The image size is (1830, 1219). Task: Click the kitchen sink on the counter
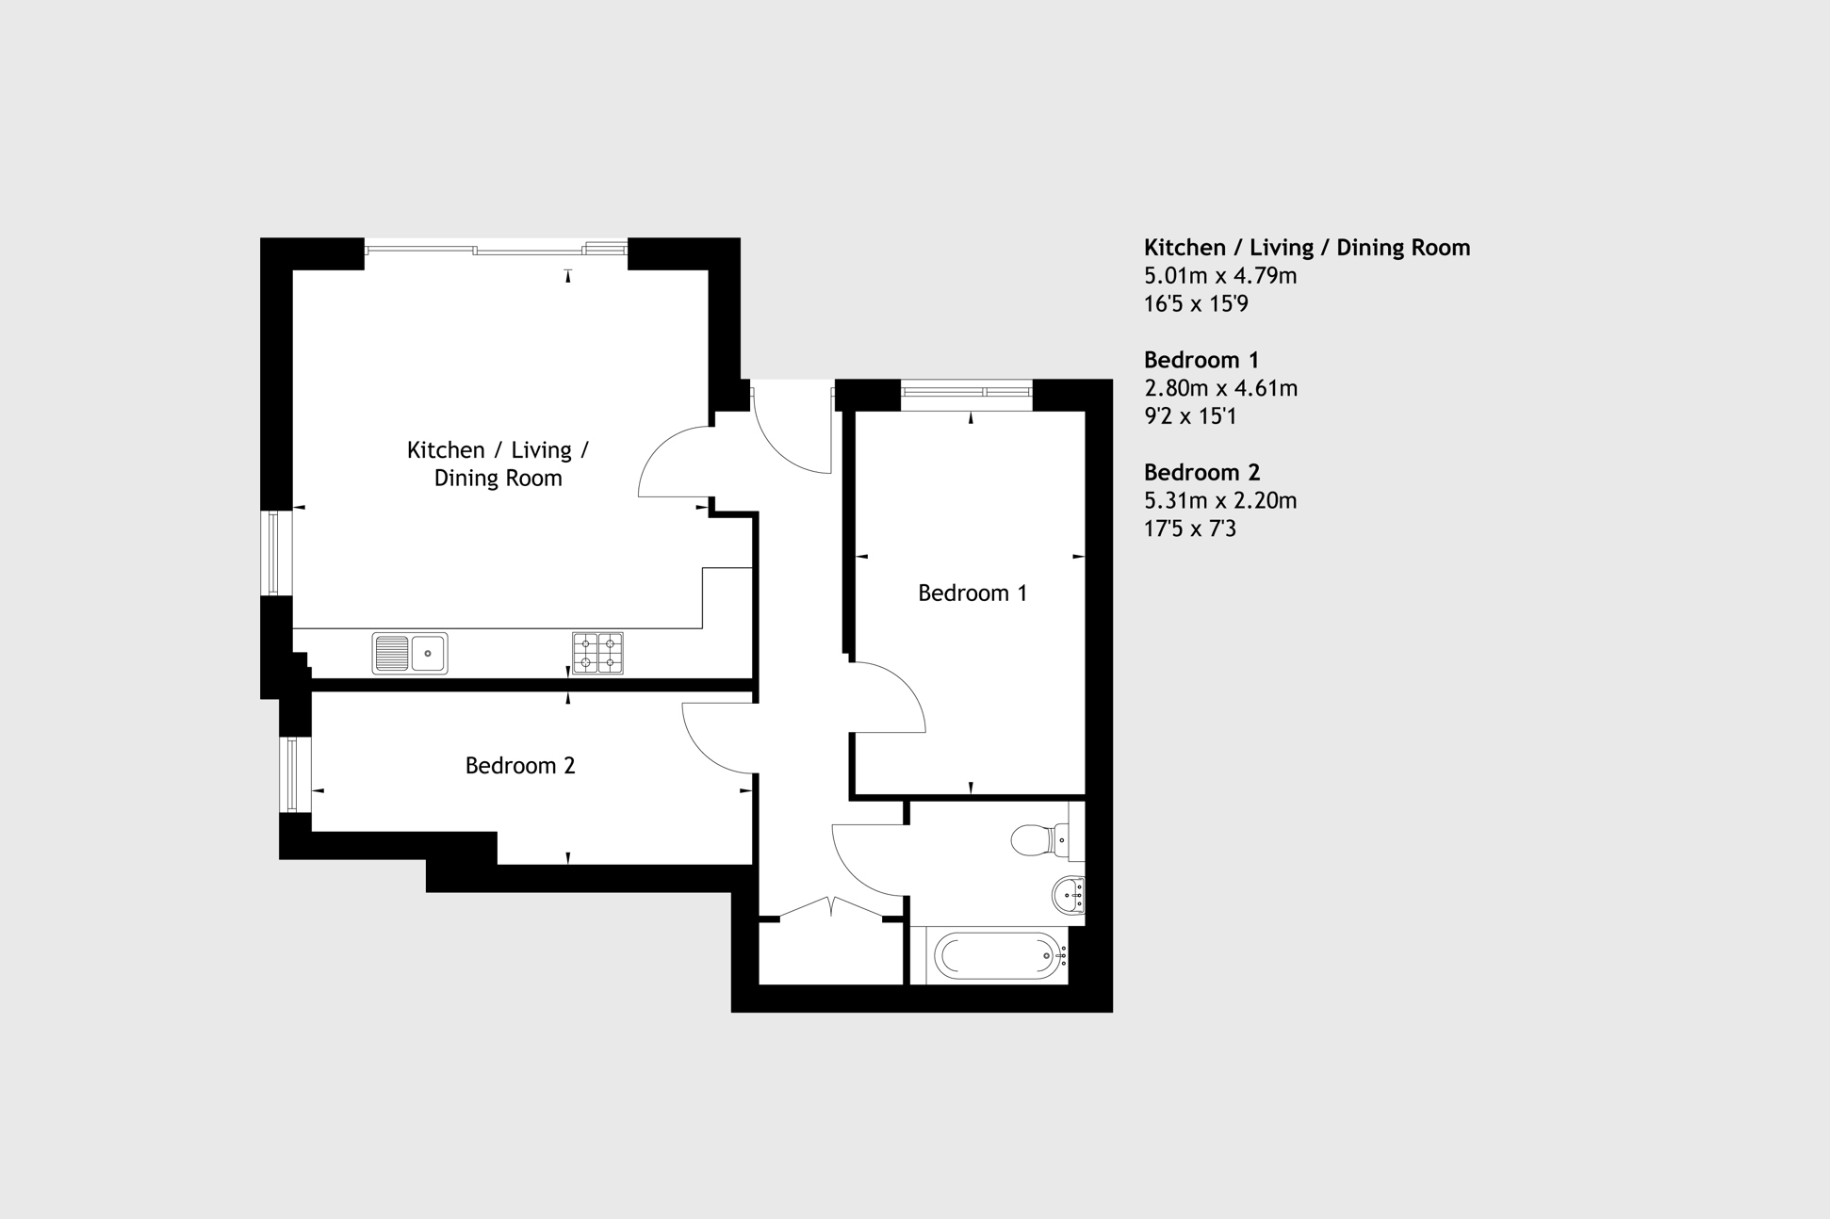click(x=410, y=653)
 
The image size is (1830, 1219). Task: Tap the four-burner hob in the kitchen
click(x=597, y=652)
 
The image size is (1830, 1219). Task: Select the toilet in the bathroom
click(x=1040, y=839)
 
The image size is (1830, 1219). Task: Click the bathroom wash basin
click(x=1069, y=895)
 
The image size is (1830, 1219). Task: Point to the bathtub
click(x=998, y=956)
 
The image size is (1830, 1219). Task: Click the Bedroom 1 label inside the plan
click(x=972, y=593)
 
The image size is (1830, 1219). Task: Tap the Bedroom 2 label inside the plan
click(x=520, y=766)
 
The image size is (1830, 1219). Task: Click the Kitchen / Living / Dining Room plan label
click(x=498, y=463)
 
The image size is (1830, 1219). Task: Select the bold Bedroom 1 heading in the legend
click(x=1201, y=360)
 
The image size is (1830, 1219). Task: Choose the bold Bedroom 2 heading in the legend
click(x=1201, y=472)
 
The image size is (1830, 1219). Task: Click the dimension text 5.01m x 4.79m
click(x=1220, y=276)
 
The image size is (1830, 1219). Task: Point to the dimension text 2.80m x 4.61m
click(x=1220, y=388)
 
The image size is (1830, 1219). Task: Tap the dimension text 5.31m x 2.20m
click(x=1220, y=500)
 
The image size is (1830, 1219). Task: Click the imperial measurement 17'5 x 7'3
click(x=1190, y=528)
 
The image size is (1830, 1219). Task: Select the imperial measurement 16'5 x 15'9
click(x=1196, y=304)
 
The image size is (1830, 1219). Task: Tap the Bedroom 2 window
click(x=295, y=774)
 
